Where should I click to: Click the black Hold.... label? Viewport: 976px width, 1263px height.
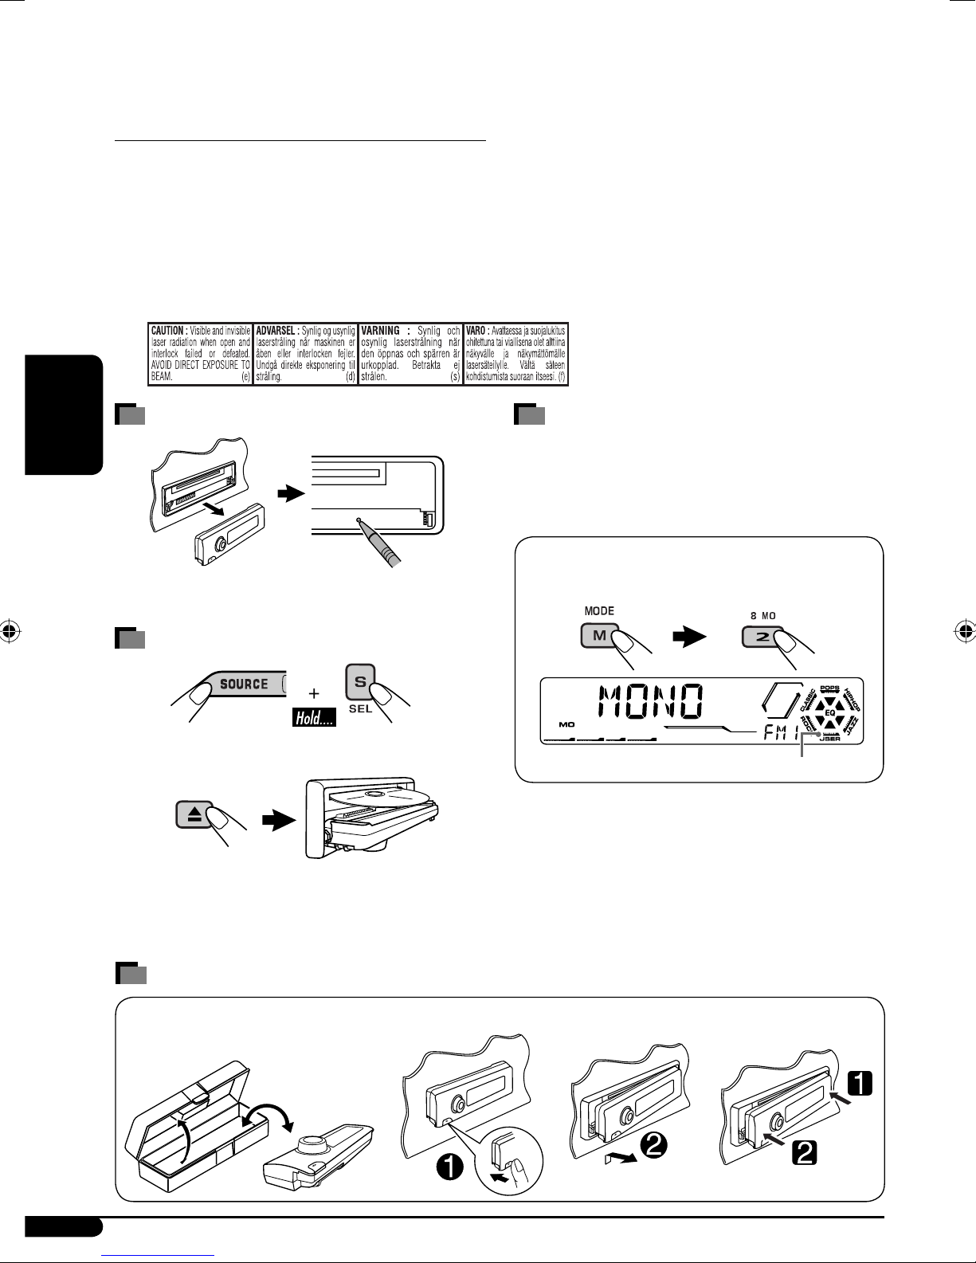coord(312,718)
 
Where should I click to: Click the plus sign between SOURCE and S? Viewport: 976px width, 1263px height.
coord(316,692)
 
